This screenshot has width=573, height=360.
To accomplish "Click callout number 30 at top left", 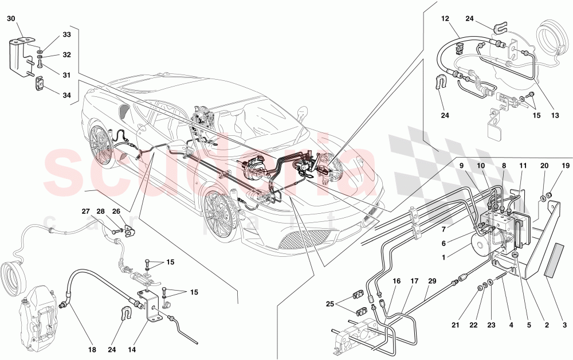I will [11, 18].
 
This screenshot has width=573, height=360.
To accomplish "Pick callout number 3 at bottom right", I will [565, 325].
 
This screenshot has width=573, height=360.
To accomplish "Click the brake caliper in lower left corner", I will [37, 316].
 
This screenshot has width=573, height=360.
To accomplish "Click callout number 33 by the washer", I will [67, 35].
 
